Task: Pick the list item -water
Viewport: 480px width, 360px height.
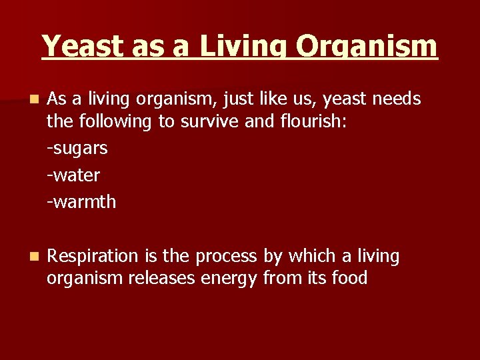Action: point(73,175)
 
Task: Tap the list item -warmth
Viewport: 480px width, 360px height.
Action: point(81,201)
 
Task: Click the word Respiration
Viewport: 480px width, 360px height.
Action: point(93,257)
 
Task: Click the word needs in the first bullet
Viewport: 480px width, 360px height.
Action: point(397,99)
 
